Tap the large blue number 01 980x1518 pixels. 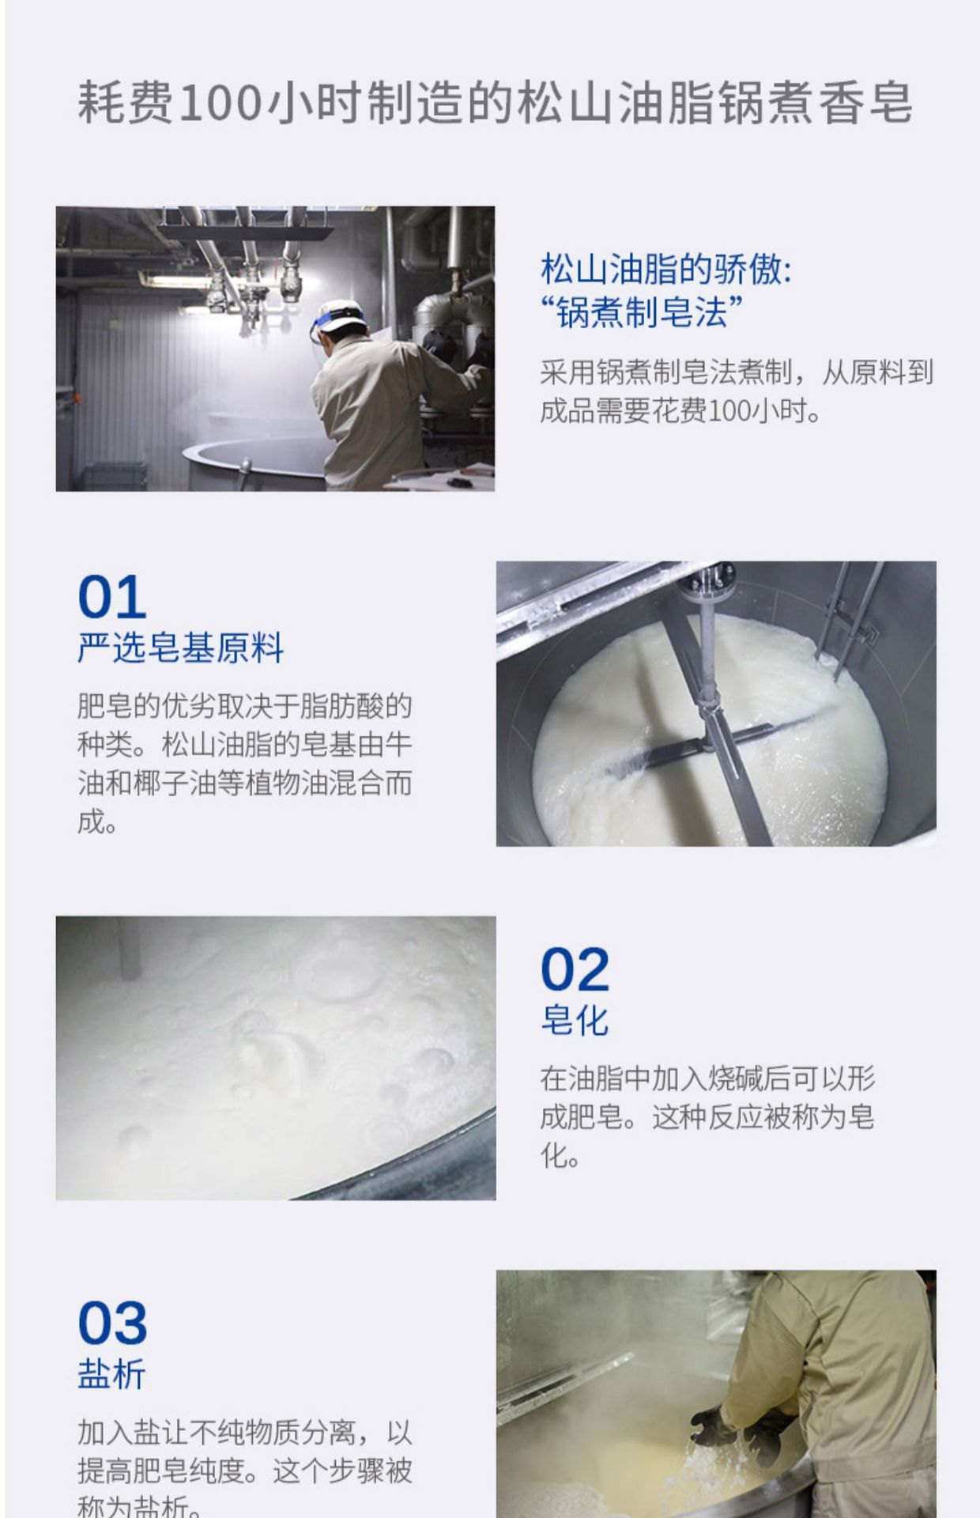pos(112,597)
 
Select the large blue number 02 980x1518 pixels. pos(575,969)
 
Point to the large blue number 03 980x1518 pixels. pos(112,1323)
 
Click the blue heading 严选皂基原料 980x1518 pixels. pos(181,648)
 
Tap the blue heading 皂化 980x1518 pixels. pos(575,1020)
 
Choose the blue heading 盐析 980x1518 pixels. pos(111,1374)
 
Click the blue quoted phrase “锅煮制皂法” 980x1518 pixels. pos(642,312)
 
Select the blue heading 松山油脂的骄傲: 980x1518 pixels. pos(666,270)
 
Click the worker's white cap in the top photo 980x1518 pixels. pos(341,310)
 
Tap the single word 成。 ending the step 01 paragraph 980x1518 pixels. pos(98,822)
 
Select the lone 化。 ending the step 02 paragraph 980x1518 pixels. pos(561,1156)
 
